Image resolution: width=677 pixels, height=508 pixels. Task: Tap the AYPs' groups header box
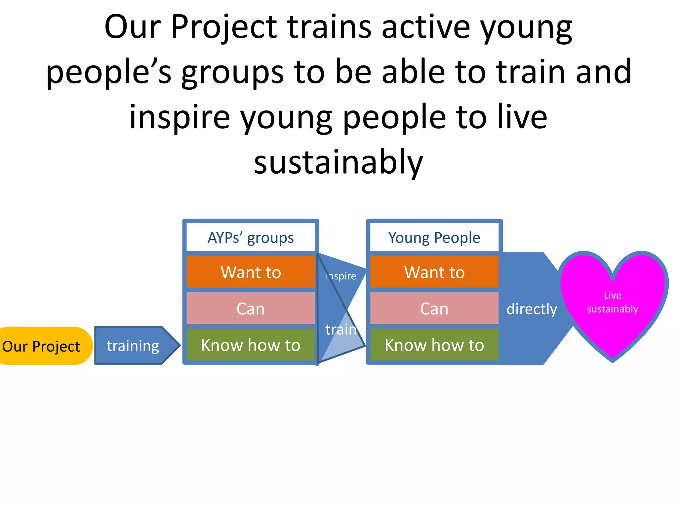pos(251,237)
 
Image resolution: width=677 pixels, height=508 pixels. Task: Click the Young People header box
pos(434,237)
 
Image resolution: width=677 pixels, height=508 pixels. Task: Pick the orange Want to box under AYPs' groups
pos(251,272)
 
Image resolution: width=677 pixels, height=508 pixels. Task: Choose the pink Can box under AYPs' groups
pos(251,309)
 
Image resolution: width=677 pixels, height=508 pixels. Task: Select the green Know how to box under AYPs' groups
pos(251,345)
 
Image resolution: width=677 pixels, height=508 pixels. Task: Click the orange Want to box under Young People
pos(434,272)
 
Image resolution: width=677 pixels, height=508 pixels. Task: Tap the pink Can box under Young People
pos(434,309)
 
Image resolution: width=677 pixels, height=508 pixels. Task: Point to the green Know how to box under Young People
pos(434,345)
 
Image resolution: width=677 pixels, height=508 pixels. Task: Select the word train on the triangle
pos(341,329)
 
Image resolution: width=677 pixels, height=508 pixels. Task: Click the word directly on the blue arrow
pos(532,309)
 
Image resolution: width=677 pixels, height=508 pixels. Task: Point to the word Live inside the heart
pos(612,295)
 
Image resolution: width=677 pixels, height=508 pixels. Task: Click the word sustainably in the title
pos(338,162)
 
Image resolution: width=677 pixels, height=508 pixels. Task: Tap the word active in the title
pos(426,27)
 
